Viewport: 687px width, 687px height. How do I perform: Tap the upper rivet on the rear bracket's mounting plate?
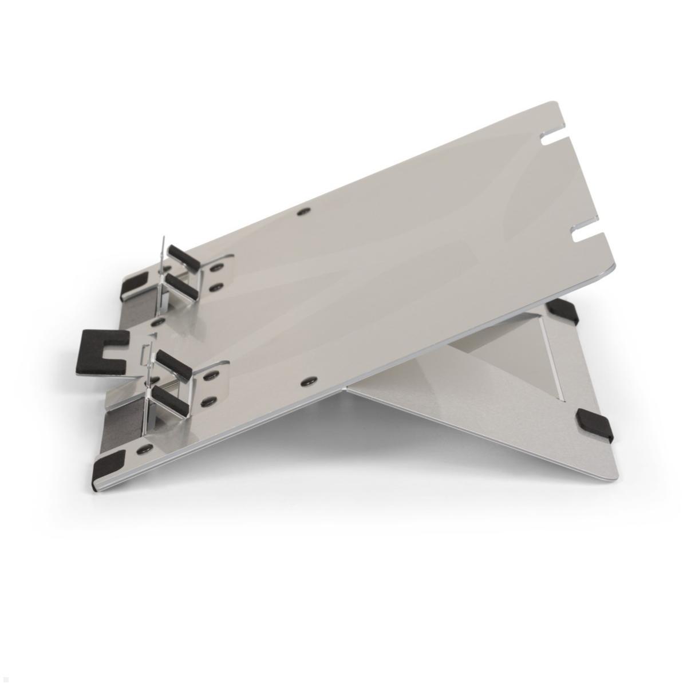pos(216,267)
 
